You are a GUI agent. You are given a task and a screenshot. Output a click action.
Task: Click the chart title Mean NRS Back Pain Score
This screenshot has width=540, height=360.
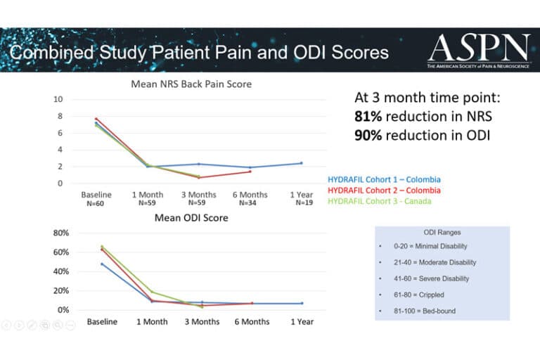191,84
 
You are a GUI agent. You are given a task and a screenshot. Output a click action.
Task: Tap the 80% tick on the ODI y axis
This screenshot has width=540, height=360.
62,233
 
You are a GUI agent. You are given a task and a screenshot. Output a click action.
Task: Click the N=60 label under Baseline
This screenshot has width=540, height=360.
96,203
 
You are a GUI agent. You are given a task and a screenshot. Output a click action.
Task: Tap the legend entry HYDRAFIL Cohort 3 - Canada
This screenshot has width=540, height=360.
380,201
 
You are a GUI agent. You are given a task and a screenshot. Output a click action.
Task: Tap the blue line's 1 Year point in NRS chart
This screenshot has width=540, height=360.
301,163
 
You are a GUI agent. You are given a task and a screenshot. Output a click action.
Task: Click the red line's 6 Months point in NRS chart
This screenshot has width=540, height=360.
250,172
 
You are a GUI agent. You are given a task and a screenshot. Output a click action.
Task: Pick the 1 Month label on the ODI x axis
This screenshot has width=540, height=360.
152,321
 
